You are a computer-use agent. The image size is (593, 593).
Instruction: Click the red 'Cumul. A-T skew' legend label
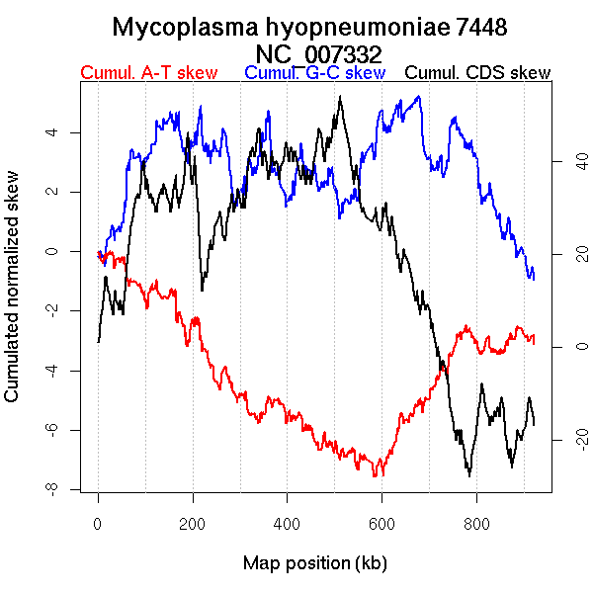[x=148, y=73]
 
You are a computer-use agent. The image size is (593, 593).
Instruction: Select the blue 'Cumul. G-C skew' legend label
[x=314, y=73]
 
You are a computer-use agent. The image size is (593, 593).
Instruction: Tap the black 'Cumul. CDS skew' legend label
[x=478, y=73]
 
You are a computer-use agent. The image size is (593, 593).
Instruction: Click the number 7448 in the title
[x=478, y=27]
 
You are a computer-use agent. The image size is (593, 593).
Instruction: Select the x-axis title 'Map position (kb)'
[x=315, y=563]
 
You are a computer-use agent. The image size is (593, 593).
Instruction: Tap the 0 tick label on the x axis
[x=98, y=523]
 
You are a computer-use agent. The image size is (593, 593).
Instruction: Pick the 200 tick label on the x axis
[x=193, y=523]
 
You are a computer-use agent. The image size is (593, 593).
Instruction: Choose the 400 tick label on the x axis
[x=288, y=523]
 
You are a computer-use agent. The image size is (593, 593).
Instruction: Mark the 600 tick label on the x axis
[x=382, y=523]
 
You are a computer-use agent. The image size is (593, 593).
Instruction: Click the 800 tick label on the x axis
[x=477, y=523]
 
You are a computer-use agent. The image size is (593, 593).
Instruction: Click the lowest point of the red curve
[x=375, y=475]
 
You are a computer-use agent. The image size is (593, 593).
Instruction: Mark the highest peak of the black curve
[x=340, y=97]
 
